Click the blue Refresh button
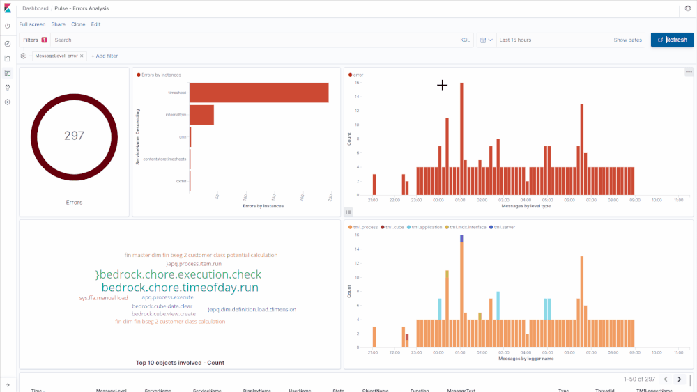pos(672,40)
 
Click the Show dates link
pos(627,40)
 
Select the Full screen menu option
pos(32,24)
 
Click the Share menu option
pos(58,24)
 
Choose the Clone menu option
pos(78,24)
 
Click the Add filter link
pos(105,56)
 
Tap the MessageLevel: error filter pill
pos(56,56)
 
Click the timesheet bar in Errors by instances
pos(259,93)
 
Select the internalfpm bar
pos(201,115)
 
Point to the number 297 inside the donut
pos(74,136)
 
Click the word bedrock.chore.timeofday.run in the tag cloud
pos(180,287)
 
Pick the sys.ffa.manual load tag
pos(103,298)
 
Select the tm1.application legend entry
pos(427,227)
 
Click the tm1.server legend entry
pos(504,227)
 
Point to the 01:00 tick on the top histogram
pos(460,200)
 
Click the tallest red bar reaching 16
pos(461,139)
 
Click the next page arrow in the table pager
pos(679,379)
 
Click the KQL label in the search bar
pos(465,40)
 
